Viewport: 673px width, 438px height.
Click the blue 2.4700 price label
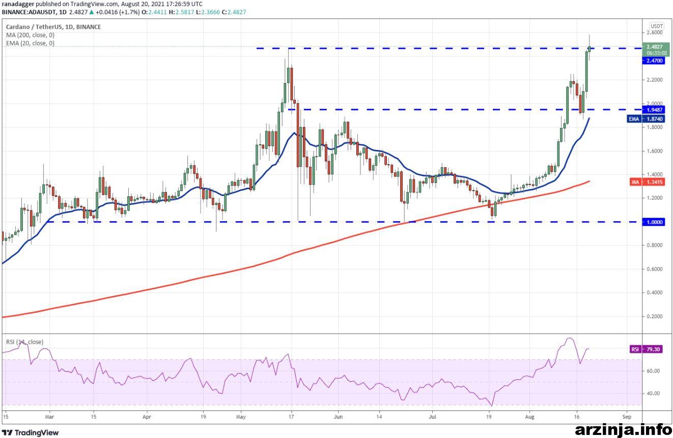(x=653, y=61)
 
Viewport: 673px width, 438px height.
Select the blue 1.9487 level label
(x=653, y=110)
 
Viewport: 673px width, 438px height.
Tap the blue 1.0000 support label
(x=653, y=222)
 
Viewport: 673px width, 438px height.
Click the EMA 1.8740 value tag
(x=646, y=119)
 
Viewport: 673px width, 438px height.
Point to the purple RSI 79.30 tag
(x=647, y=349)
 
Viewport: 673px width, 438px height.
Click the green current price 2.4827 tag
(x=656, y=49)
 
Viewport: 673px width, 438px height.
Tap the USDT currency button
(x=657, y=26)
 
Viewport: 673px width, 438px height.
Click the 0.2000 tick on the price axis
(x=655, y=316)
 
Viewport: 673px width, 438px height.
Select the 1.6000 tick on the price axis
(x=655, y=151)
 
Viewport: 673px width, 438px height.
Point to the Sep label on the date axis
(x=627, y=417)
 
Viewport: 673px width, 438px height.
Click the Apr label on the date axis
(x=147, y=417)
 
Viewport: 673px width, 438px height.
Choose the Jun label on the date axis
(x=339, y=417)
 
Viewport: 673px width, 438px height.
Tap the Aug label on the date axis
(x=529, y=417)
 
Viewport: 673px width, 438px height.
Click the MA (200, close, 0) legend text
(x=30, y=35)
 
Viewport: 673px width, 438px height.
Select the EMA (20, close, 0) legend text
(x=30, y=43)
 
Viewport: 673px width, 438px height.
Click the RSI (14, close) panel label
(x=24, y=342)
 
